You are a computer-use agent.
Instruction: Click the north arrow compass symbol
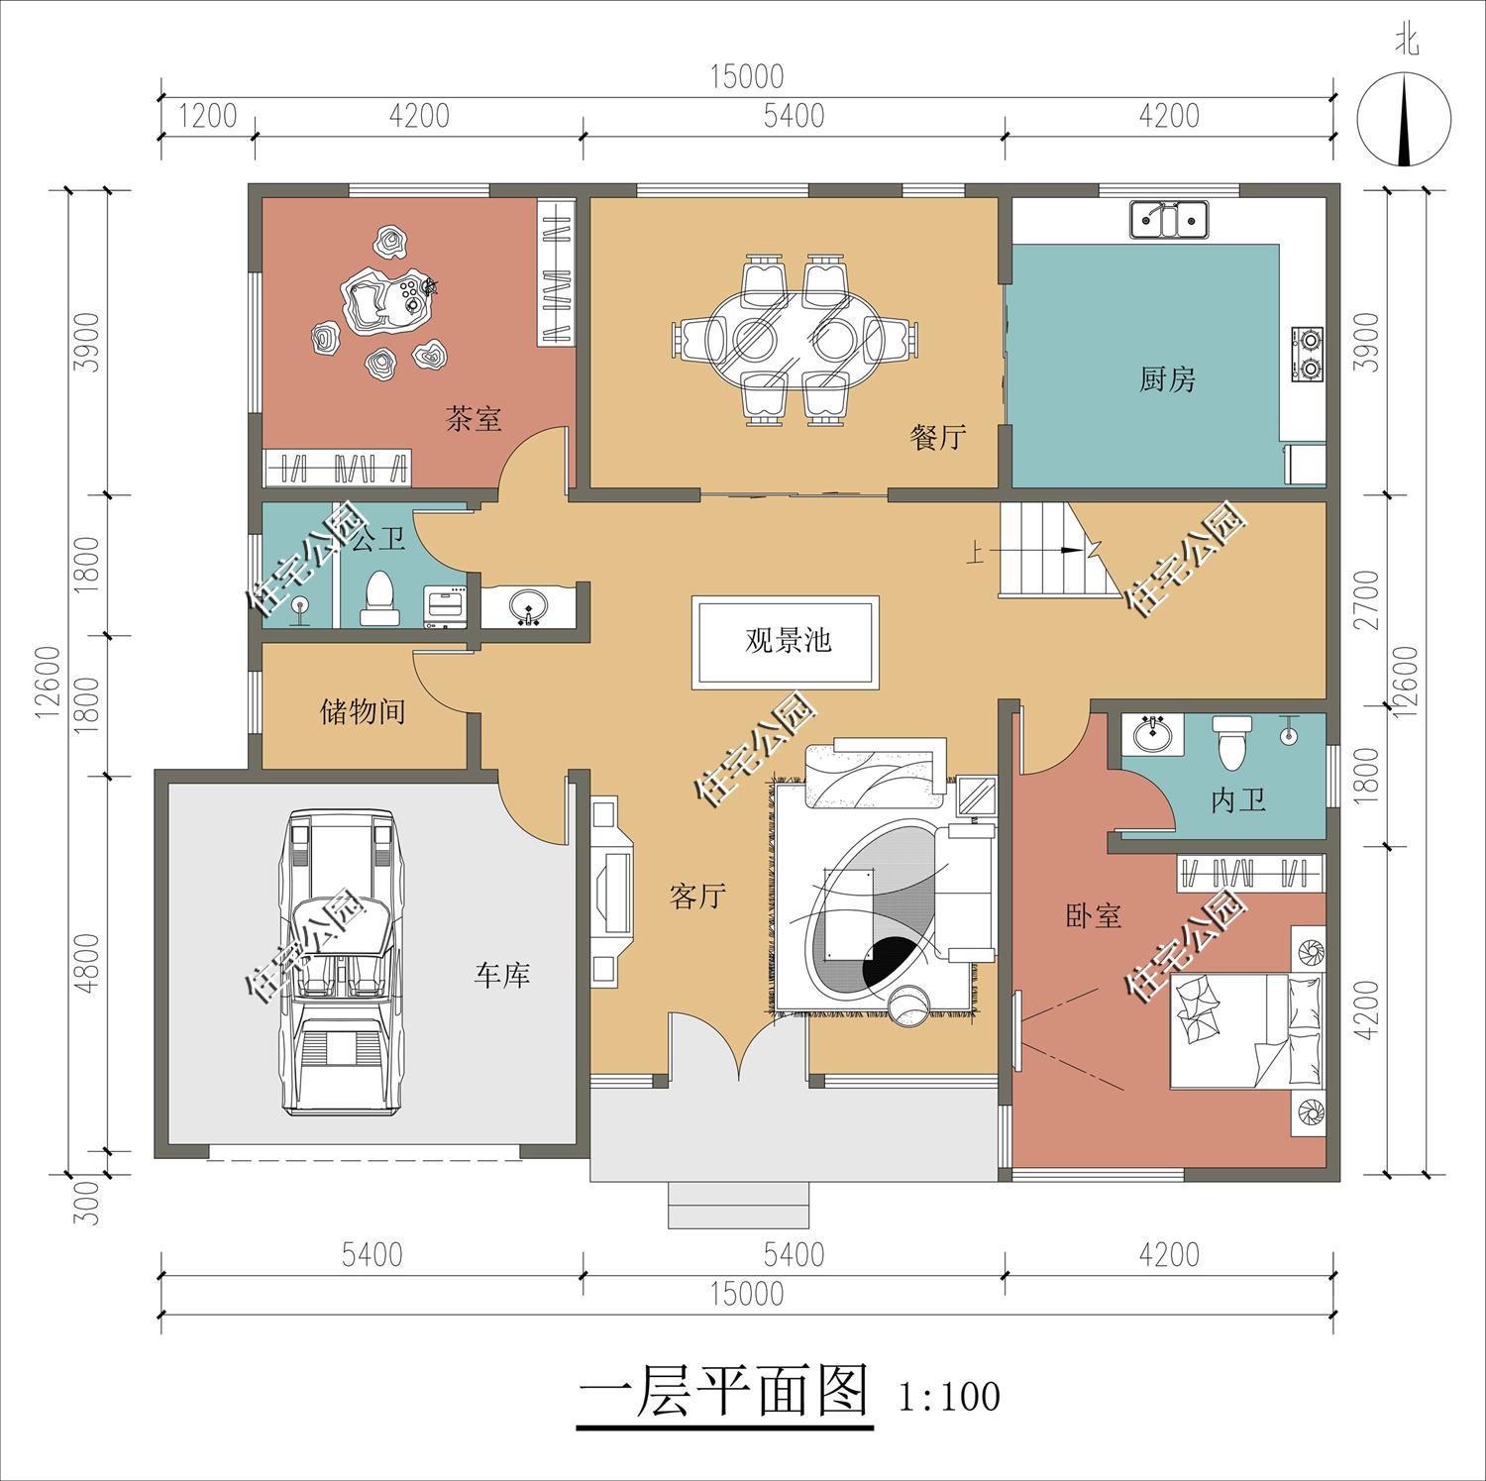pyautogui.click(x=1404, y=122)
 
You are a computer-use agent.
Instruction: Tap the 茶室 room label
pyautogui.click(x=474, y=418)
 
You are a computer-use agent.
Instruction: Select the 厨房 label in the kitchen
pyautogui.click(x=1167, y=378)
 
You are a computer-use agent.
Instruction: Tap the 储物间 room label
pyautogui.click(x=363, y=711)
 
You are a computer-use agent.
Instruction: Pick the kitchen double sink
pyautogui.click(x=1170, y=219)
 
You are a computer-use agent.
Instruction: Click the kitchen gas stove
pyautogui.click(x=1308, y=354)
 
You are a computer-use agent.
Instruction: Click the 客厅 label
pyautogui.click(x=697, y=897)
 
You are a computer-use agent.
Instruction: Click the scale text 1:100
pyautogui.click(x=949, y=1397)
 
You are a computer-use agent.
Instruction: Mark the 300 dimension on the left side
pyautogui.click(x=89, y=1202)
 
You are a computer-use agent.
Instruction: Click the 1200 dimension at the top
pyautogui.click(x=208, y=116)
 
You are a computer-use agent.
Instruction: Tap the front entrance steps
pyautogui.click(x=739, y=1205)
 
